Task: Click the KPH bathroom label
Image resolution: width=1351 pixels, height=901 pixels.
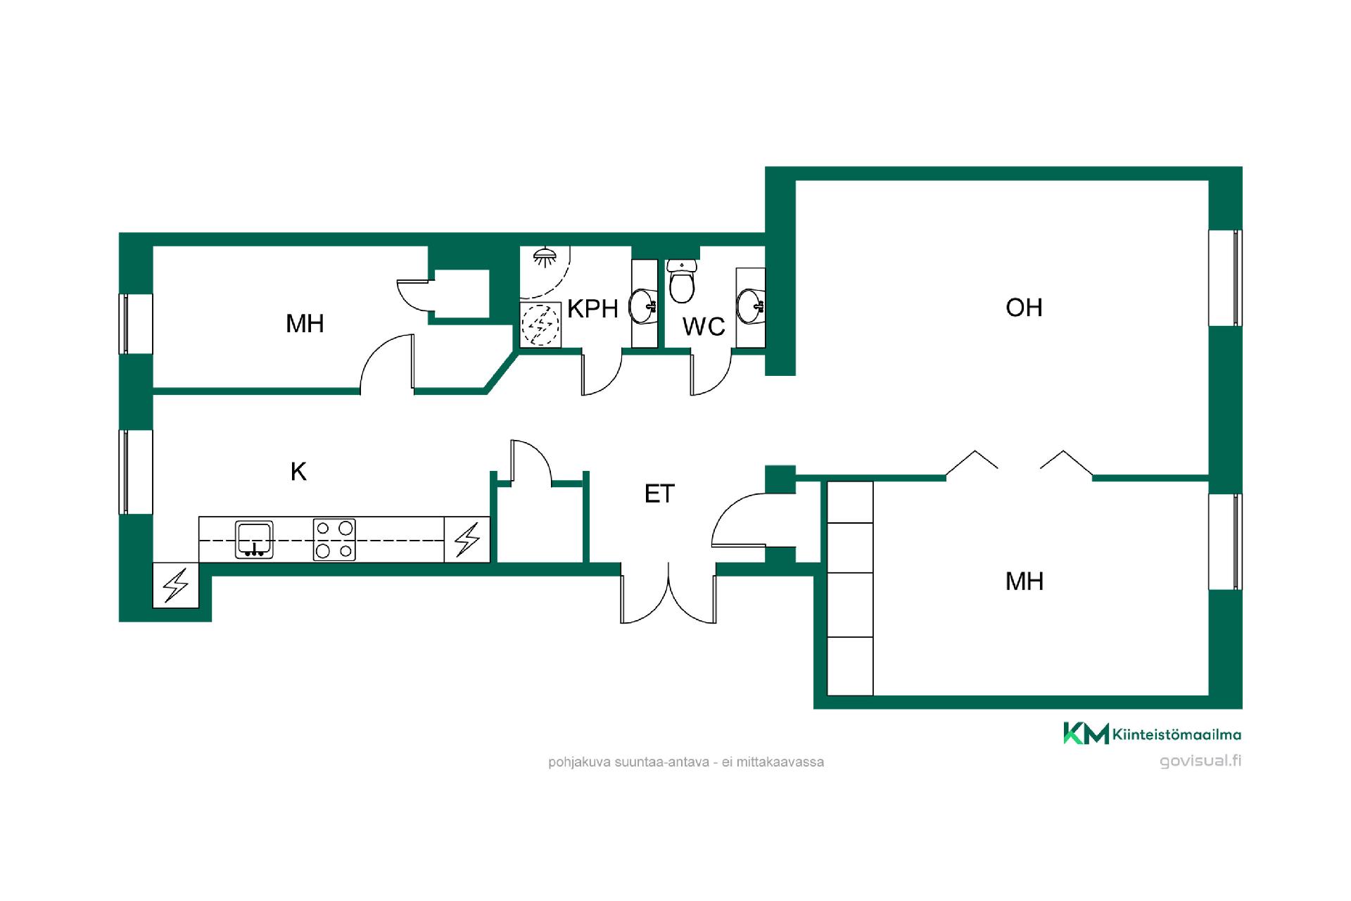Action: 592,308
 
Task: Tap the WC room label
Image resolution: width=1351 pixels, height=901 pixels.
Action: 704,326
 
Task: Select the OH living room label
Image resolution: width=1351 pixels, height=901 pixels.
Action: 1024,308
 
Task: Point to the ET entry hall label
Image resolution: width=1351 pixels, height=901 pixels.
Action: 659,494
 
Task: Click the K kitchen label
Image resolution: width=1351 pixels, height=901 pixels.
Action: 298,472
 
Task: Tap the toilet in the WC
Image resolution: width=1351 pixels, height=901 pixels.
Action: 682,280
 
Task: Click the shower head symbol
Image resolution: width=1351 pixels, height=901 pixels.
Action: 543,256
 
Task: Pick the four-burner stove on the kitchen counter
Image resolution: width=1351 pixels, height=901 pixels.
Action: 334,540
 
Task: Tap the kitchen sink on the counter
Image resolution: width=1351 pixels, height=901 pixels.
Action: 254,540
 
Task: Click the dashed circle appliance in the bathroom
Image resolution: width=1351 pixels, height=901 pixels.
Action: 540,325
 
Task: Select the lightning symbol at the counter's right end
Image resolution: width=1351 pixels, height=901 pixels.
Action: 467,539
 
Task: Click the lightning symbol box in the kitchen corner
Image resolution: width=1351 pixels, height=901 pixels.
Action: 176,585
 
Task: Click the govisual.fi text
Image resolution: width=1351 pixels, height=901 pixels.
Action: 1200,761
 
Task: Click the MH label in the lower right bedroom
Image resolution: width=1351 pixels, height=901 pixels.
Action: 1025,581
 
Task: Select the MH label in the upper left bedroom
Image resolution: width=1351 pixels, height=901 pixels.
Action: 305,324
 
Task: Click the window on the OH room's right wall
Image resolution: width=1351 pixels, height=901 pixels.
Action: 1226,278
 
